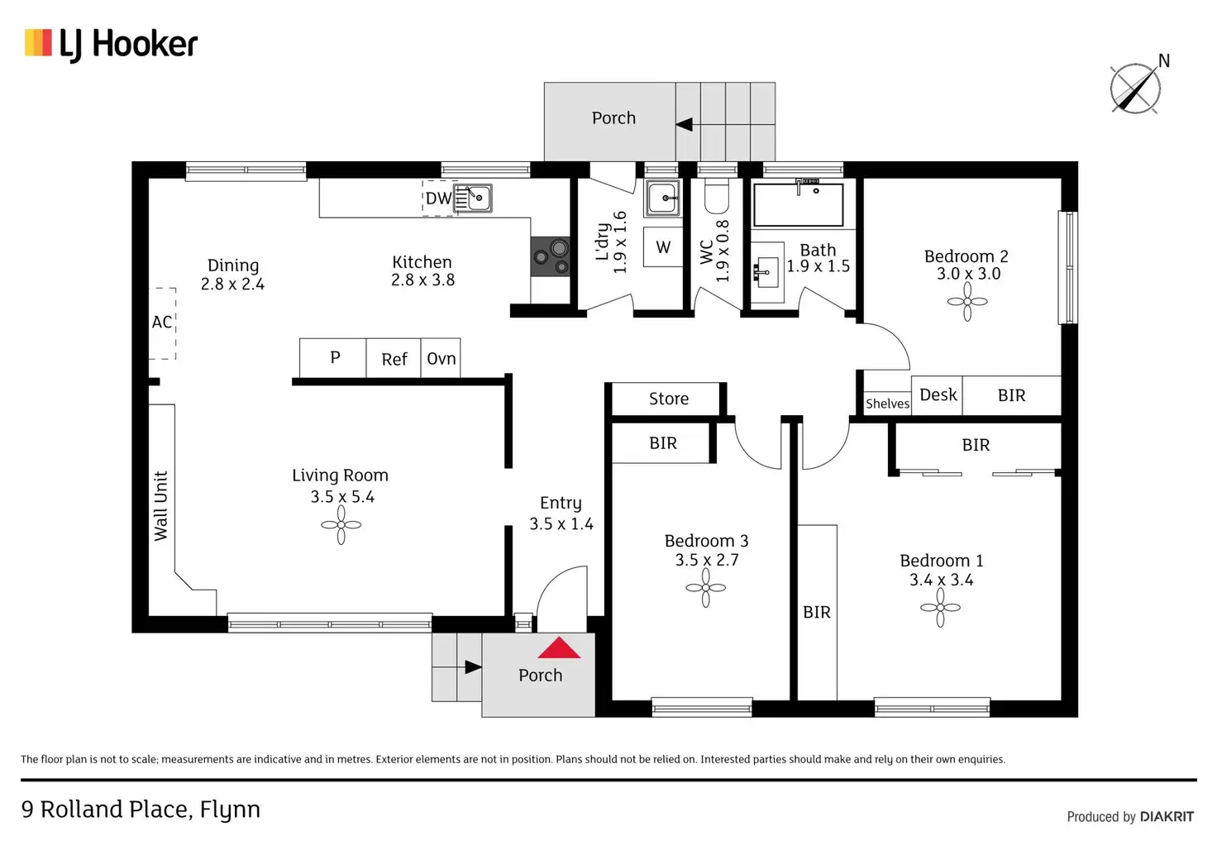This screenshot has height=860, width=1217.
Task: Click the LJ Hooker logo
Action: (111, 44)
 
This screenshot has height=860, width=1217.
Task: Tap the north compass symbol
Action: (1135, 88)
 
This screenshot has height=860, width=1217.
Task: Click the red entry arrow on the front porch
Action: (559, 648)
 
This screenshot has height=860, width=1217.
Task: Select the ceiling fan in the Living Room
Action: (341, 525)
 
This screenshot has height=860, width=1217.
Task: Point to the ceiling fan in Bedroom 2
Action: (966, 302)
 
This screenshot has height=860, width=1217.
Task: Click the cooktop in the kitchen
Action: (550, 256)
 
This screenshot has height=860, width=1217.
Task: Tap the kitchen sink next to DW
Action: (477, 198)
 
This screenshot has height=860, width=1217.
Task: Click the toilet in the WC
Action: (716, 197)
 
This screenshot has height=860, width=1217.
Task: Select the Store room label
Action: (668, 399)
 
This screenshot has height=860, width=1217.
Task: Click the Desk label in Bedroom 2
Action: (938, 395)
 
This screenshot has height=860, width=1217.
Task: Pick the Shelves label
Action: (887, 404)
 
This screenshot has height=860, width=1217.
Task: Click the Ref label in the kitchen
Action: (394, 359)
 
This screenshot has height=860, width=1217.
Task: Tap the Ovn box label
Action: (441, 359)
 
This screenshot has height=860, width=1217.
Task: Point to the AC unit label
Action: (162, 322)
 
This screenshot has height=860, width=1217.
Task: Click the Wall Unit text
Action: (161, 506)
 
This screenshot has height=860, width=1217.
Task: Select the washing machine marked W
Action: (663, 247)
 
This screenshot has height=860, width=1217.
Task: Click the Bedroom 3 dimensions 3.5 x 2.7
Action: (706, 560)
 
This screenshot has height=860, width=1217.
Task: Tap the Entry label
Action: (561, 503)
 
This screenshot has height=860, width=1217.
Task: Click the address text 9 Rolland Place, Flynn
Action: (141, 810)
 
